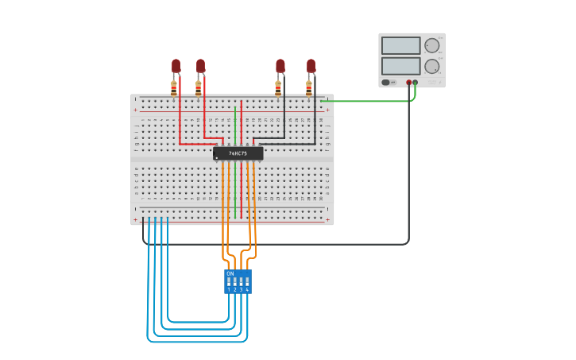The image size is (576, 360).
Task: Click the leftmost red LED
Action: coord(176,65)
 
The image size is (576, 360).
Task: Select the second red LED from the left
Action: coord(200,65)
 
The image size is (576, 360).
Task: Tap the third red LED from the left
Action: coord(280,65)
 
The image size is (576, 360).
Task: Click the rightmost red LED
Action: coord(311,65)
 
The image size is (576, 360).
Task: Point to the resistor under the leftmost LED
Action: coord(174,88)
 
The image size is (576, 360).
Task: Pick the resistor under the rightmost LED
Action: coord(309,88)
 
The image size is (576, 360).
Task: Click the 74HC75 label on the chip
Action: coord(238,153)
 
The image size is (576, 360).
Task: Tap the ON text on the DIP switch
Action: coord(230,273)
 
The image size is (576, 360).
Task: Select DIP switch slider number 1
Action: coord(229,281)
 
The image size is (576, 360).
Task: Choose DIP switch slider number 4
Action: coord(247,281)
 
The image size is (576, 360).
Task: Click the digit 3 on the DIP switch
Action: coord(241,289)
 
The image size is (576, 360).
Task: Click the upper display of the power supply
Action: coord(400,45)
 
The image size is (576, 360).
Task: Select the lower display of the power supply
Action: coord(400,66)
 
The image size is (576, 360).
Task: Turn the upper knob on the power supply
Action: coord(431,45)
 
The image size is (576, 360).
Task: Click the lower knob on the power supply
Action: coord(431,66)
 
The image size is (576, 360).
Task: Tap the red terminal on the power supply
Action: coord(409,82)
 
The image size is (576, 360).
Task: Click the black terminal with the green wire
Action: coord(416,82)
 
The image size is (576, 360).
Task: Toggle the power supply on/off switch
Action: coord(386,82)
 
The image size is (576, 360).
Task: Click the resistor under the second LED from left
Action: coord(199,88)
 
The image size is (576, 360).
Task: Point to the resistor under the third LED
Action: coord(278,88)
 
